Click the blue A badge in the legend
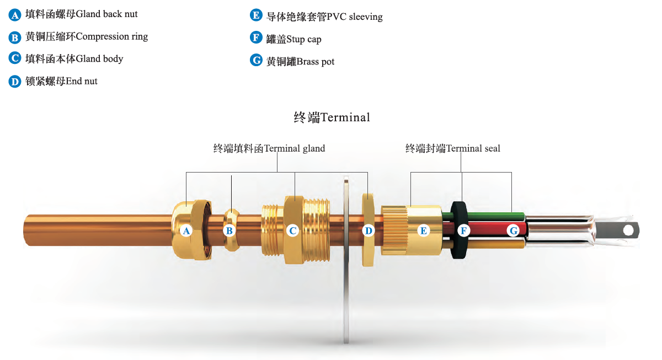click(15, 15)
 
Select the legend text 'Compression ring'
click(111, 36)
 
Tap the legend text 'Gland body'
click(99, 59)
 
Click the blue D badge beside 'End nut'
click(15, 82)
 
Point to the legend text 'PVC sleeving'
click(355, 17)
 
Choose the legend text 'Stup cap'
click(303, 39)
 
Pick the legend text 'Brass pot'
click(316, 61)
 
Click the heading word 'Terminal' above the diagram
click(345, 117)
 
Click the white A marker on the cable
click(186, 230)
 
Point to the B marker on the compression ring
click(229, 230)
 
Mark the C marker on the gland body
click(292, 230)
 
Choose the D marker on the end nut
click(369, 230)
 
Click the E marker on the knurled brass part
click(424, 230)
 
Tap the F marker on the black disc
click(464, 230)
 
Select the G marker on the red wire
click(514, 230)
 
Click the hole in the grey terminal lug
click(628, 230)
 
